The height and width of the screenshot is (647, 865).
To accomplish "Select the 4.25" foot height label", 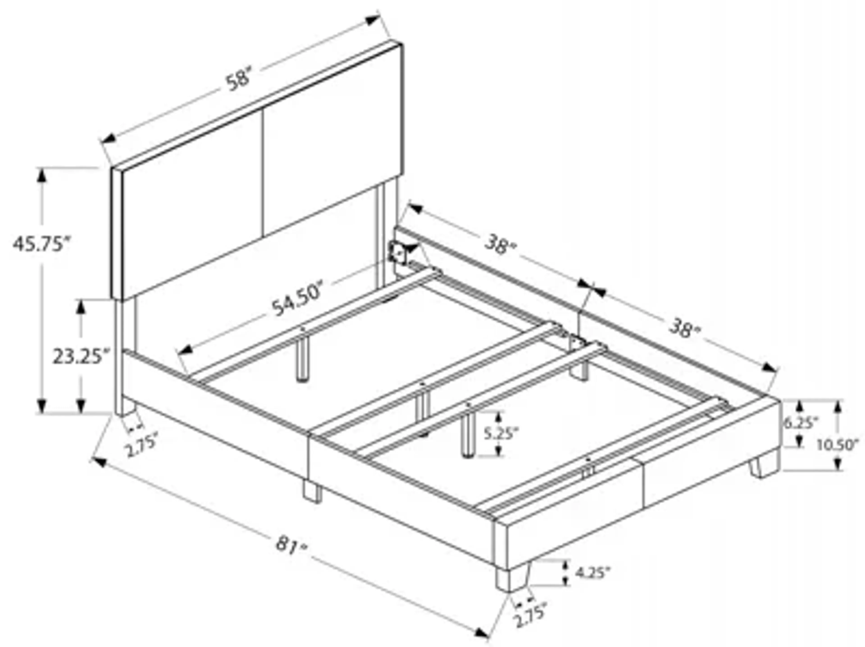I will click(592, 573).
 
